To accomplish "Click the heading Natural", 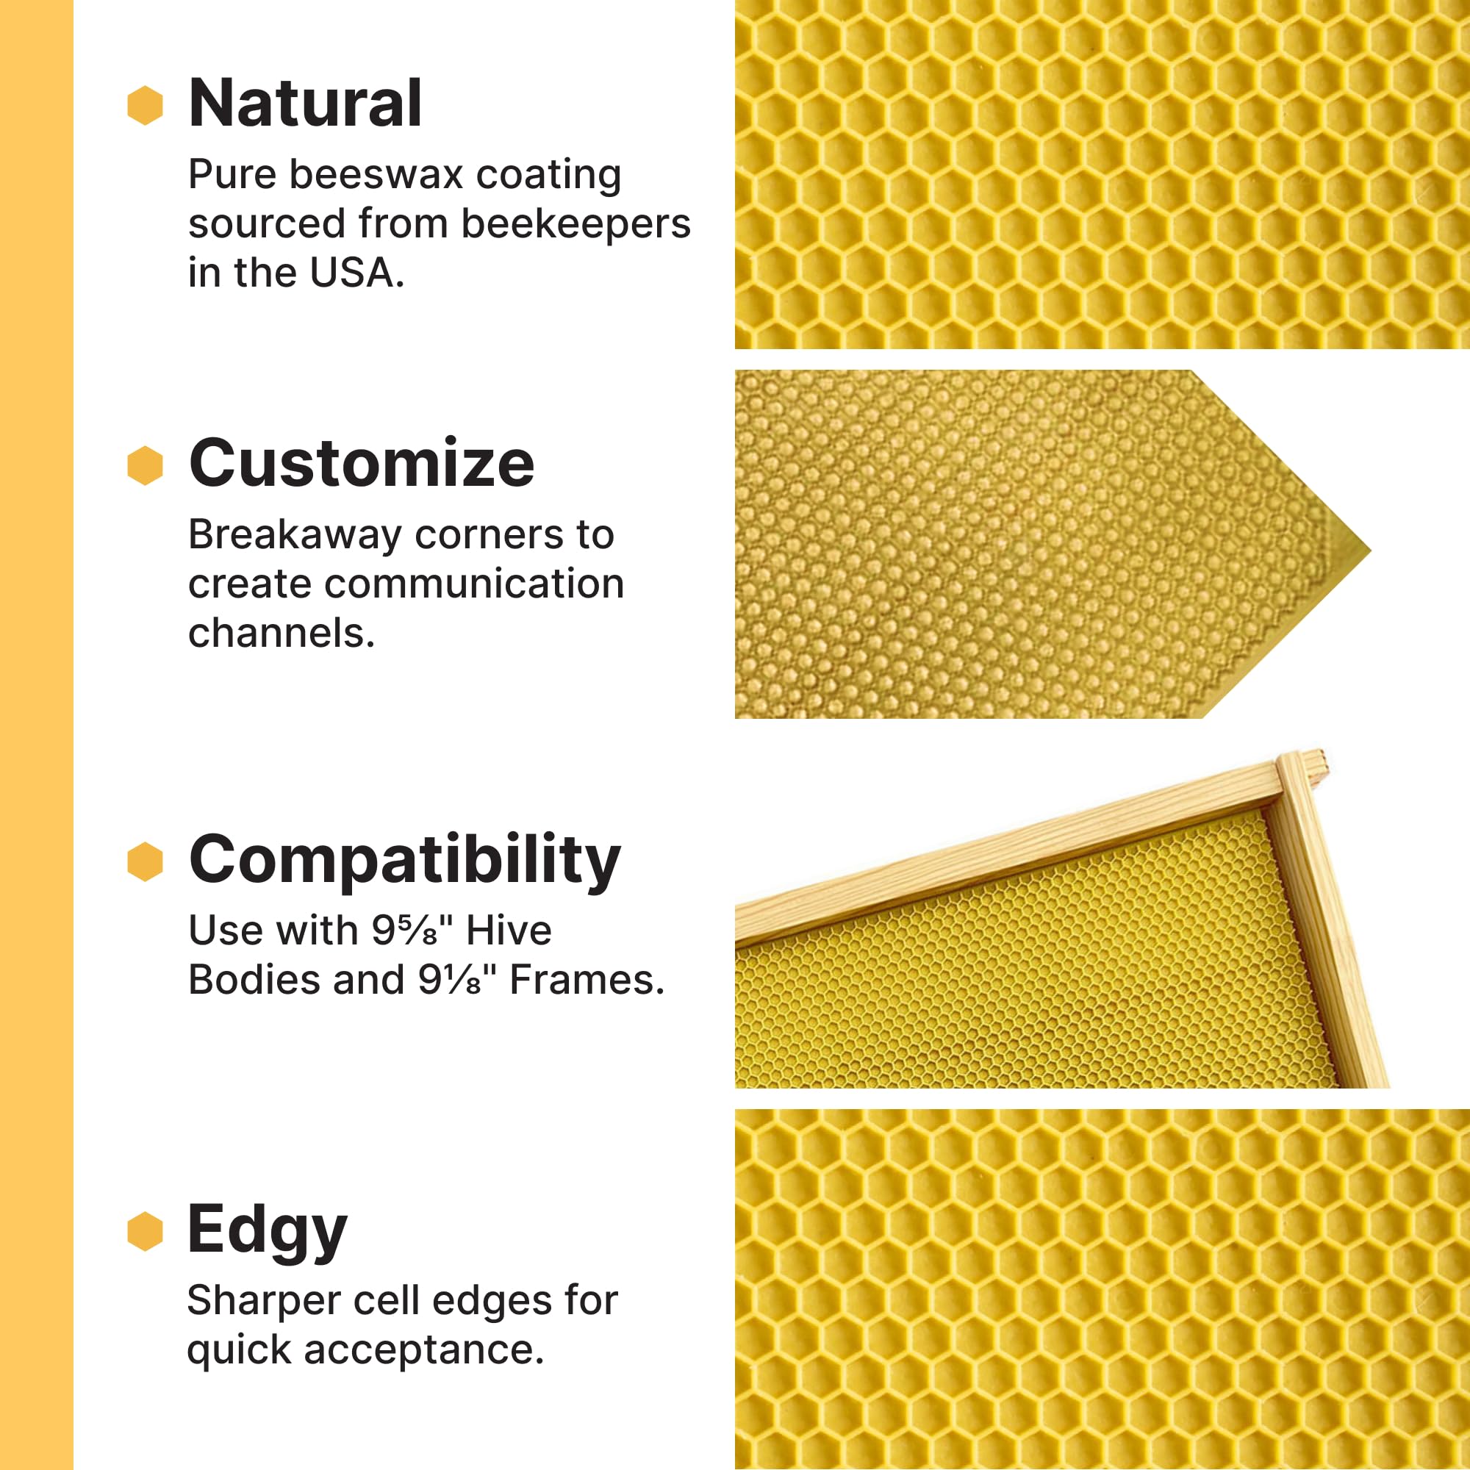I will tap(304, 104).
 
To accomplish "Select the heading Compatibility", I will tap(404, 861).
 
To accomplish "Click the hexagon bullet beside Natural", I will tap(146, 105).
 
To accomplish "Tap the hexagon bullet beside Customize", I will tap(146, 465).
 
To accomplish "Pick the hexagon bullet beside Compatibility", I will tap(146, 861).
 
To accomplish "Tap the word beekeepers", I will tap(576, 223).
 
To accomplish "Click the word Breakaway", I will tap(295, 535).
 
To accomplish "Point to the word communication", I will tap(474, 584).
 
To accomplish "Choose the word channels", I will tap(282, 633).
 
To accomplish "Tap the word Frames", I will tap(586, 980).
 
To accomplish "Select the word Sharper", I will tap(263, 1300).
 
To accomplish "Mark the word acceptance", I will tap(423, 1349).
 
